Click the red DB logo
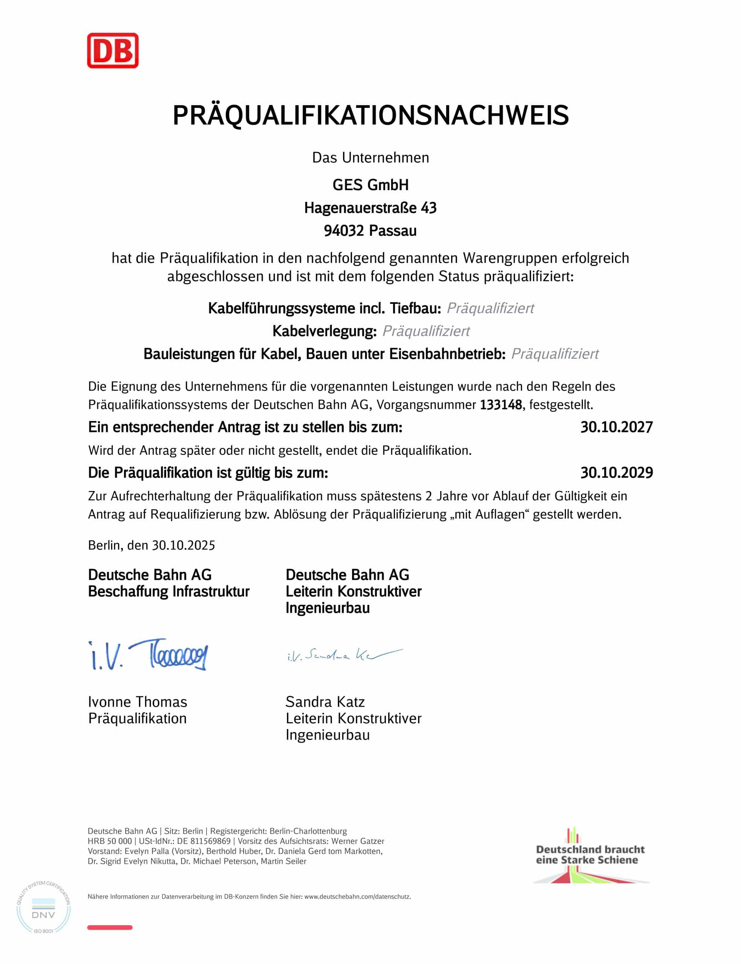[x=113, y=50]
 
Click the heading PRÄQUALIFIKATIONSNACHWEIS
[x=370, y=116]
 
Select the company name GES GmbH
[x=370, y=185]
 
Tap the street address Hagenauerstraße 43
[x=370, y=208]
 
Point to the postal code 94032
[x=344, y=230]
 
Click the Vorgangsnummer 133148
[x=501, y=404]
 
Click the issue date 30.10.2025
[x=183, y=546]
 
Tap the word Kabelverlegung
[x=324, y=331]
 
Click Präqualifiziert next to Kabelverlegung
[x=426, y=331]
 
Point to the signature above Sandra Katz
[x=345, y=655]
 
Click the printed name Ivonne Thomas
[x=137, y=702]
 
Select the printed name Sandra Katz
[x=325, y=702]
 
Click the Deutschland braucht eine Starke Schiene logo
[x=590, y=855]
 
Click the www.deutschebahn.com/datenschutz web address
[x=357, y=897]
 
